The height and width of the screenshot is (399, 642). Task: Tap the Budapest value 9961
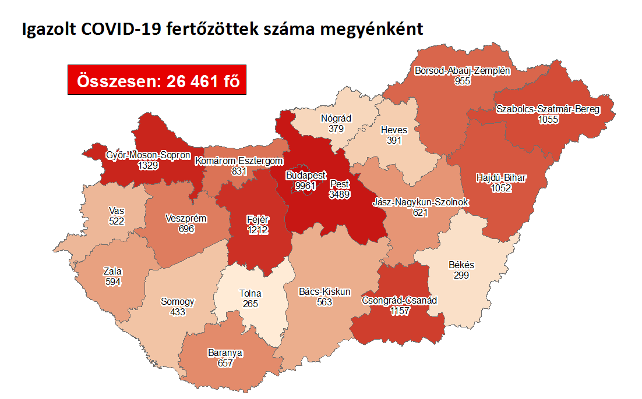[305, 186]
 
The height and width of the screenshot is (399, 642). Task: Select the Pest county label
[339, 184]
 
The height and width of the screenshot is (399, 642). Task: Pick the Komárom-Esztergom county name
[239, 161]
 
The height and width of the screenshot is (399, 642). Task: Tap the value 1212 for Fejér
[256, 230]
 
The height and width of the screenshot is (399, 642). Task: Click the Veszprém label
[186, 219]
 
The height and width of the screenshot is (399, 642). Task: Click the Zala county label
[112, 271]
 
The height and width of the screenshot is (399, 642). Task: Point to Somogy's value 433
[178, 312]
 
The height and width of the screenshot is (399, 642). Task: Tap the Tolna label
[251, 293]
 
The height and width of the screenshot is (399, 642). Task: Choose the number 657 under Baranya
[225, 363]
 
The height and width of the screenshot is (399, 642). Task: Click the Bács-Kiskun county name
[324, 291]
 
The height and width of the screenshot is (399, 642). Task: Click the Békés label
[461, 265]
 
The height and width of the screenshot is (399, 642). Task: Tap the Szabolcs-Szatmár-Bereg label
[548, 109]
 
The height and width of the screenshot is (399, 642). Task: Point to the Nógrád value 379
[336, 129]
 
